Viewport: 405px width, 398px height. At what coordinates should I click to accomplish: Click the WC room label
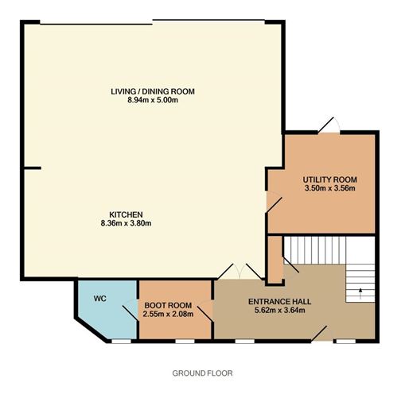coord(100,299)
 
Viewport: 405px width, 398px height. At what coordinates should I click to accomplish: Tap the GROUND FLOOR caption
coord(202,373)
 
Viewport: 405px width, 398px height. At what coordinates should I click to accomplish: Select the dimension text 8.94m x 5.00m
coord(153,100)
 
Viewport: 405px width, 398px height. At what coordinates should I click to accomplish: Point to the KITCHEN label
coord(127,214)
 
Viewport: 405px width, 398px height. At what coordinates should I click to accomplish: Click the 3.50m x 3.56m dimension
coord(330,188)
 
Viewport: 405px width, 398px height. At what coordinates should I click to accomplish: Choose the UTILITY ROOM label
coord(330,180)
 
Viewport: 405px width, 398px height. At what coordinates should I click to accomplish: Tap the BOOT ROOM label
coord(168,305)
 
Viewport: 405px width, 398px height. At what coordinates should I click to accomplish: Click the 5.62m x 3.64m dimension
coord(280,310)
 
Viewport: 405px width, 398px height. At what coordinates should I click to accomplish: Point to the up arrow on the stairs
coord(360,293)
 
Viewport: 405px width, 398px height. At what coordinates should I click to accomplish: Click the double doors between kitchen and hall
coord(239,271)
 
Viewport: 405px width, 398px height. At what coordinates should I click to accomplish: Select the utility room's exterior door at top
coord(329,125)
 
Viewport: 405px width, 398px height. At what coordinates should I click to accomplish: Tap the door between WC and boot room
coord(130,311)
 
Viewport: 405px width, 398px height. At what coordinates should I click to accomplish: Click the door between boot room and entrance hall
coord(205,311)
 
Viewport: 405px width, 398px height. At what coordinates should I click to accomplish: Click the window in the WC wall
coord(121,342)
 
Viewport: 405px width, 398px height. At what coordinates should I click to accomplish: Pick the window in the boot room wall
coord(185,342)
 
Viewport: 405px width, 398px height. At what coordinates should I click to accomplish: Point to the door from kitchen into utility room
coord(274,202)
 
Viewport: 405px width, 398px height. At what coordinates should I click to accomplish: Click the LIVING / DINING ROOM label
coord(153,91)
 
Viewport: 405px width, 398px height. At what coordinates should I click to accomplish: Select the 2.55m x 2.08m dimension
coord(168,314)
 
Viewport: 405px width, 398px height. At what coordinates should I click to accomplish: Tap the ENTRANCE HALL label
coord(280,301)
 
